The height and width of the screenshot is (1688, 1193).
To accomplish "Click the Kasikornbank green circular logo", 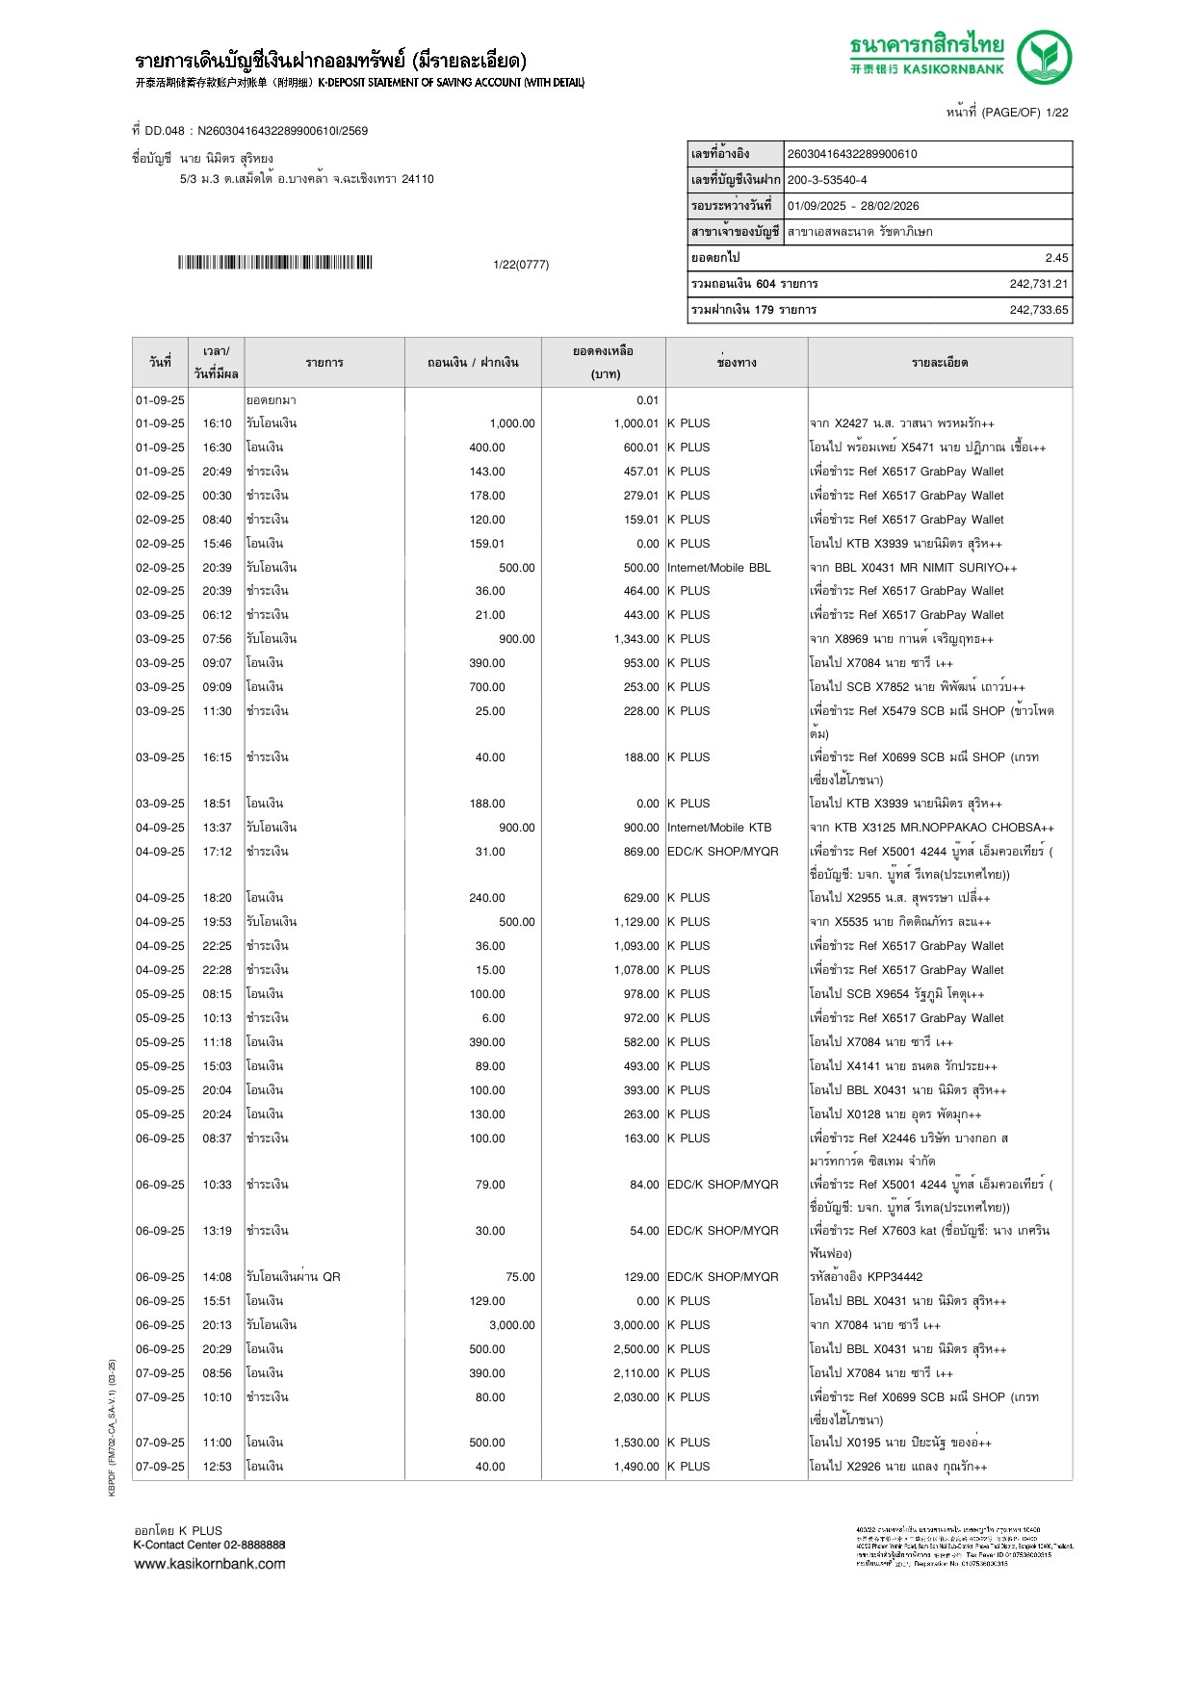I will [x=1045, y=57].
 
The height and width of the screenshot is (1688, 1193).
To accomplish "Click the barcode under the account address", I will [x=274, y=263].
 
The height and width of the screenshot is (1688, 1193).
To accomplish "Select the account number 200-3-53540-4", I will [x=827, y=180].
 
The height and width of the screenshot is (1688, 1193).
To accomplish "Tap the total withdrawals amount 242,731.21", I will [x=1038, y=284].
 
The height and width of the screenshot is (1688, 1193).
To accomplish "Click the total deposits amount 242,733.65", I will [x=1038, y=310].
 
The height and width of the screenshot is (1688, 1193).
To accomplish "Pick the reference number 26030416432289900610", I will [x=852, y=154].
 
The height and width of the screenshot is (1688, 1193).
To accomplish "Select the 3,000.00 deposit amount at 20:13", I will [x=511, y=1325].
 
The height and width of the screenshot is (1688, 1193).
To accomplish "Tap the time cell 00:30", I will [x=217, y=496].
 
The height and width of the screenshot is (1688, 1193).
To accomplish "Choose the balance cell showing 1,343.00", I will [x=635, y=639].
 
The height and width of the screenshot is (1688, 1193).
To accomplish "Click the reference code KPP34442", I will [x=895, y=1277].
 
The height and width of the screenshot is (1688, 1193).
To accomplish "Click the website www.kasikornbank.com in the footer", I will [x=210, y=1564].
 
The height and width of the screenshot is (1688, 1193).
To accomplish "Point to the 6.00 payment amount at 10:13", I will [x=493, y=1018].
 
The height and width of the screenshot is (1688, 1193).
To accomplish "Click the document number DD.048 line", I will [x=250, y=131].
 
